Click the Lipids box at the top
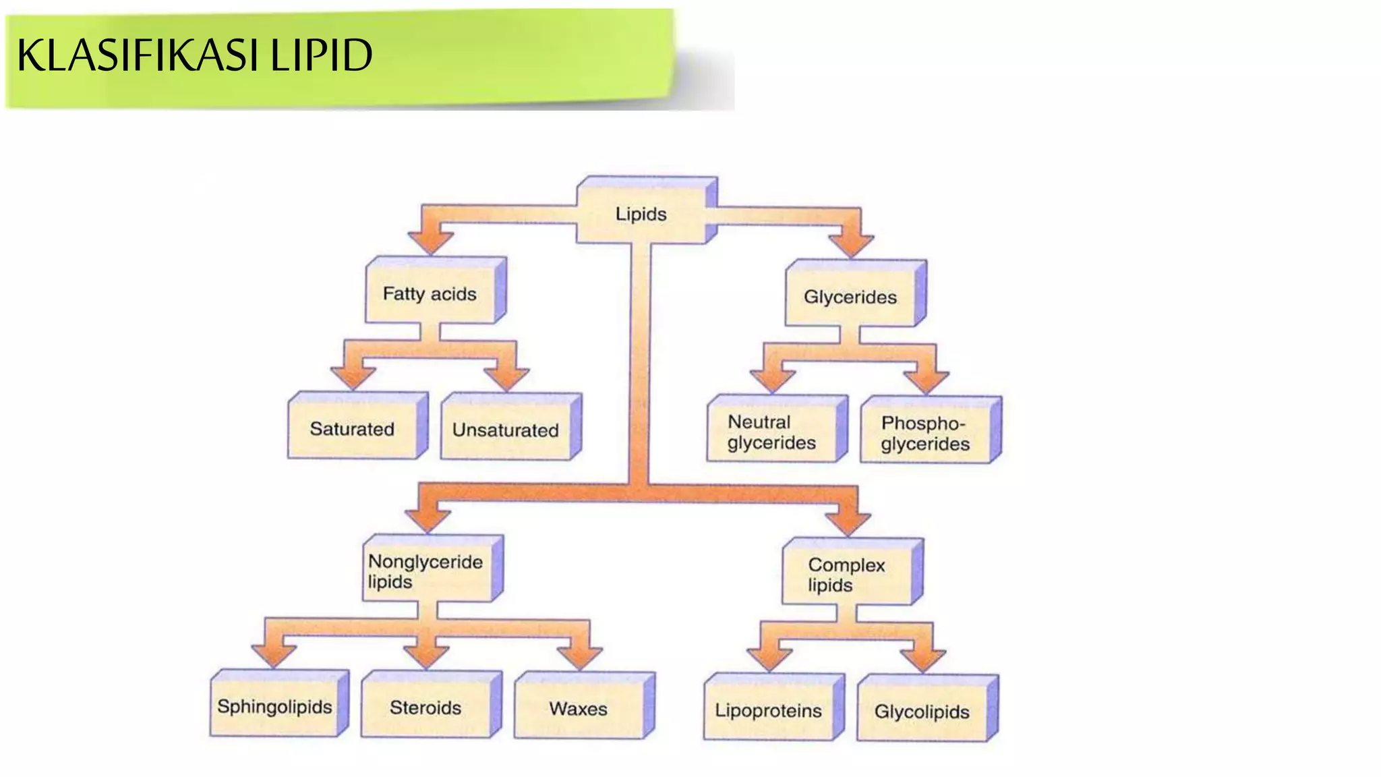(x=641, y=214)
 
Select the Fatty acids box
(x=430, y=294)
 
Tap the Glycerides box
(x=850, y=297)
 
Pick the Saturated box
(x=352, y=429)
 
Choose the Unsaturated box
(x=506, y=430)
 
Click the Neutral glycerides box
(x=772, y=432)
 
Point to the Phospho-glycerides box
(x=925, y=434)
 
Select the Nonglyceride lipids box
(x=426, y=571)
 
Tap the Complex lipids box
(x=847, y=575)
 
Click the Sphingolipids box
(x=274, y=707)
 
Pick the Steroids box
(x=426, y=708)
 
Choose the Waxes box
(x=579, y=709)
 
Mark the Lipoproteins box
(x=769, y=711)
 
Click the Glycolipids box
(x=922, y=712)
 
